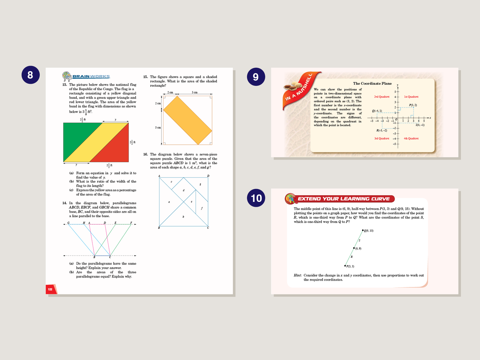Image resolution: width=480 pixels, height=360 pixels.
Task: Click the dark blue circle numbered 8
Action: click(30, 75)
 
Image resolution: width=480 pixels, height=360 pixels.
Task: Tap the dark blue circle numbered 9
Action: click(256, 77)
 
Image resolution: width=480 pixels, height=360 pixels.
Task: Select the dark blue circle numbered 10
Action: click(256, 198)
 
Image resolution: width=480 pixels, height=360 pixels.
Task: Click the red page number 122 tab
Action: click(51, 289)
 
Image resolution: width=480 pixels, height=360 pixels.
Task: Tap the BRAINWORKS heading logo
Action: click(86, 76)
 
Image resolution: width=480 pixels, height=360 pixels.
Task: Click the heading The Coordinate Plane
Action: click(372, 83)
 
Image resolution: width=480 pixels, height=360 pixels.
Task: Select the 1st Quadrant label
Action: click(411, 97)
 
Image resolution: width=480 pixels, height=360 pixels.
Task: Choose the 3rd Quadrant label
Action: click(382, 138)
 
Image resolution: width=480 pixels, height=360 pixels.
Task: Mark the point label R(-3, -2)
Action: click(382, 130)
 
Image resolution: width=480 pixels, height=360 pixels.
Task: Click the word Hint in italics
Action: click(297, 275)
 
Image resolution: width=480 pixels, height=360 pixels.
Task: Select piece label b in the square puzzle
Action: click(183, 217)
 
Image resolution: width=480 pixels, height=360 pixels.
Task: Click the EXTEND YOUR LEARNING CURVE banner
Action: click(343, 199)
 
